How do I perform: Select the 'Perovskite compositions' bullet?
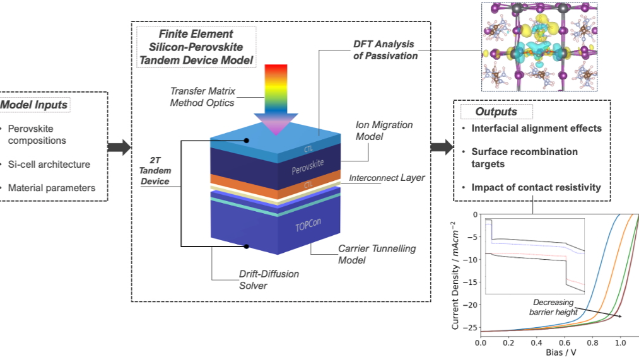point(37,135)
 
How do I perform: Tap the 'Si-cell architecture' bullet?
point(49,165)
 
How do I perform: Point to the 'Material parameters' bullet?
point(51,188)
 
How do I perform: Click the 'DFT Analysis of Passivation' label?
point(384,50)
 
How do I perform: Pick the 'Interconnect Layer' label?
point(387,178)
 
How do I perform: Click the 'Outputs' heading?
point(496,112)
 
